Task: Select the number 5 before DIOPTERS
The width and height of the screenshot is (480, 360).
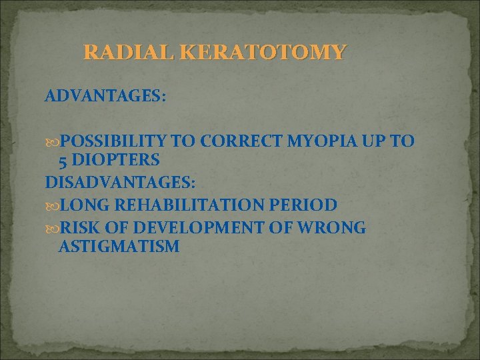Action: coord(64,160)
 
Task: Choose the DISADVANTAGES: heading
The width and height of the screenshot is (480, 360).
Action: coord(121,181)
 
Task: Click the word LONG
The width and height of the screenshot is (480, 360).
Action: coord(82,204)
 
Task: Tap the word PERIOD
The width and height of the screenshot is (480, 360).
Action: coord(301,204)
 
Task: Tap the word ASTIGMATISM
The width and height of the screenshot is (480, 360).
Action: coord(119,247)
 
